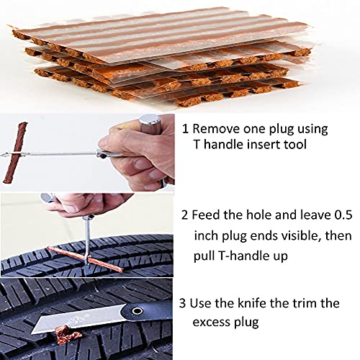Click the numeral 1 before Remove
coord(186,130)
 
